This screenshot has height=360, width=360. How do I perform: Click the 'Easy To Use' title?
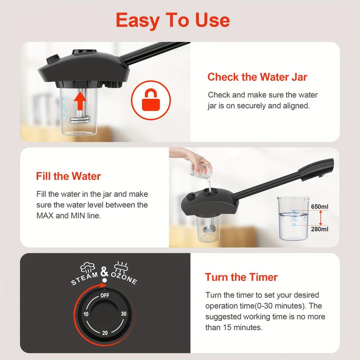(x=173, y=21)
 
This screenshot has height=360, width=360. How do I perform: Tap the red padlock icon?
(x=151, y=100)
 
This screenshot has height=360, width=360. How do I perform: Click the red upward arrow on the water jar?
(x=80, y=100)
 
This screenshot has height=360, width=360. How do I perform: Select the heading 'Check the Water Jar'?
(x=257, y=77)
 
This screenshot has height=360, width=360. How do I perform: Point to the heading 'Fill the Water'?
(x=68, y=176)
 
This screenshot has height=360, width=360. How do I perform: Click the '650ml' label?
(x=319, y=207)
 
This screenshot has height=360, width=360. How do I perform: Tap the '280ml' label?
(x=319, y=229)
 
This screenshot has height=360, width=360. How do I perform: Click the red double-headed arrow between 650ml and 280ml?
(x=320, y=218)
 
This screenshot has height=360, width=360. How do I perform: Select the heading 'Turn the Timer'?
(x=241, y=277)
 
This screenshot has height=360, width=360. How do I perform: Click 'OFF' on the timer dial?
(x=105, y=296)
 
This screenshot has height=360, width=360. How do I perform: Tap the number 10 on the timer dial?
(x=86, y=314)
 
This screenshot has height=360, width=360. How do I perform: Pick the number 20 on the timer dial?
(x=105, y=333)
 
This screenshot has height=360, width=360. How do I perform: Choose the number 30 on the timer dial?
(x=124, y=314)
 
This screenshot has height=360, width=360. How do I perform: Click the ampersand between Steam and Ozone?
(x=104, y=272)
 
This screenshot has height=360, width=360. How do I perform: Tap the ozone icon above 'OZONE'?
(x=121, y=267)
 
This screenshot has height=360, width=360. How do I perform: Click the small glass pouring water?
(x=200, y=170)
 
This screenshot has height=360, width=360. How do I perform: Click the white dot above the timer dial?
(x=104, y=280)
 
